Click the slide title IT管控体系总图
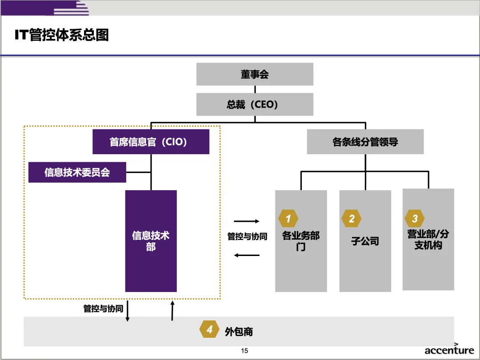[62, 35]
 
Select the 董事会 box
[255, 74]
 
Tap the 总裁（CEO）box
[255, 105]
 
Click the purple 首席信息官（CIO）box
[151, 142]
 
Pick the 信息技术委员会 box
[77, 172]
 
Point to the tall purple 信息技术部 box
[151, 241]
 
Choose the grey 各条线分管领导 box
[365, 142]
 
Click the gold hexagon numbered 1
[288, 219]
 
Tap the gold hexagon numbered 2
[352, 219]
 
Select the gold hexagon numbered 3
[415, 219]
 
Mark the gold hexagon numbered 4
[209, 330]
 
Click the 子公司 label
[365, 242]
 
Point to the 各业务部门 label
[301, 241]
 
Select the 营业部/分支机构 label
[428, 240]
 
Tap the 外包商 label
[239, 332]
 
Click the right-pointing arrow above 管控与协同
[247, 221]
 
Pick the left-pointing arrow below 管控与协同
[247, 255]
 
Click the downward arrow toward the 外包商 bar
[128, 311]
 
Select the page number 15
[244, 351]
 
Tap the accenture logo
[449, 350]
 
